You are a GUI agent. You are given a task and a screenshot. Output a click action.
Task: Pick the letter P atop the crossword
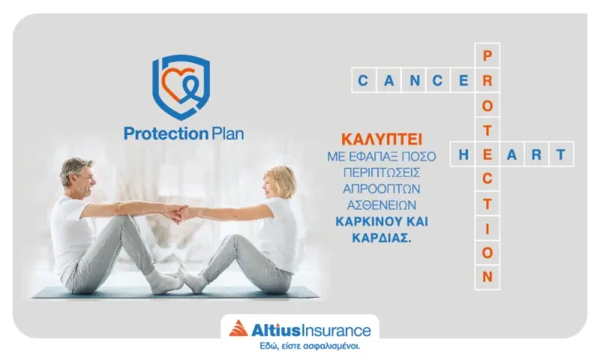pyautogui.click(x=487, y=55)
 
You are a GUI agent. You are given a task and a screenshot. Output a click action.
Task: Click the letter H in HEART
pyautogui.click(x=463, y=154)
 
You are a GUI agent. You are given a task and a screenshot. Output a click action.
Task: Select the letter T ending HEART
pyautogui.click(x=561, y=154)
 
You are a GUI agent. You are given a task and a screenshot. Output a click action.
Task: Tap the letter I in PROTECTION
pyautogui.click(x=487, y=228)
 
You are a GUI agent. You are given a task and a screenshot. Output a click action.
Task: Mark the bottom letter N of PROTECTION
pyautogui.click(x=487, y=277)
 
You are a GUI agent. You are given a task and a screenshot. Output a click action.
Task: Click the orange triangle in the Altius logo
pyautogui.click(x=238, y=328)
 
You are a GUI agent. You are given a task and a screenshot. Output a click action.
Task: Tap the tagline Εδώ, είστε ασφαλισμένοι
pyautogui.click(x=299, y=346)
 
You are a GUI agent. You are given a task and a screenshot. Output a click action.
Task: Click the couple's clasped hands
pyautogui.click(x=178, y=213)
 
